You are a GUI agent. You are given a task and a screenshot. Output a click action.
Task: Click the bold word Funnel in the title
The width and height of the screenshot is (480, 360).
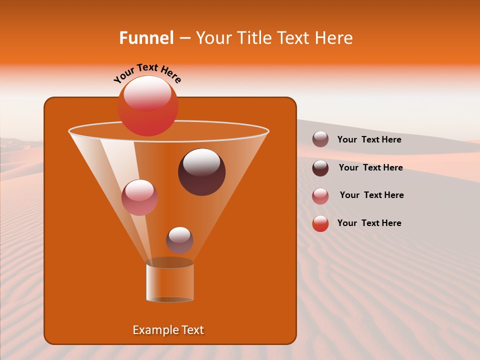click(146, 38)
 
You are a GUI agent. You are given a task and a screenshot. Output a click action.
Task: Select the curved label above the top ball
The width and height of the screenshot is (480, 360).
click(147, 73)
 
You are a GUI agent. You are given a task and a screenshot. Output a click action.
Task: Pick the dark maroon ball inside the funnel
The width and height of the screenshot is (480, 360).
click(201, 172)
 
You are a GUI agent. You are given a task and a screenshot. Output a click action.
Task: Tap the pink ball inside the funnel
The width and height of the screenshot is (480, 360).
click(139, 197)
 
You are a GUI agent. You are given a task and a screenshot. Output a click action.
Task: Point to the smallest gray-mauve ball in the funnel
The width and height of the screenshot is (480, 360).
click(179, 240)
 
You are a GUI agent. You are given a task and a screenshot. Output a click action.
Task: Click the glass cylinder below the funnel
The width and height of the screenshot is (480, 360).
click(169, 281)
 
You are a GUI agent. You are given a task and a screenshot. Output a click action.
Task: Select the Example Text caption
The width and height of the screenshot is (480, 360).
click(168, 330)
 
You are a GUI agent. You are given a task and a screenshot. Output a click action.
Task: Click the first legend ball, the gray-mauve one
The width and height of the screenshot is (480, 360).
click(320, 139)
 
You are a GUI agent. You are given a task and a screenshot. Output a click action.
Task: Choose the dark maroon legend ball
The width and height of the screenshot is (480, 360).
click(320, 167)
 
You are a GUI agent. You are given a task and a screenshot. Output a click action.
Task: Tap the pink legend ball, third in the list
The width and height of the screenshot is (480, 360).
click(320, 195)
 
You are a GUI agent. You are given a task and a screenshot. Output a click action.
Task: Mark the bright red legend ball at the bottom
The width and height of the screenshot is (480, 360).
click(320, 223)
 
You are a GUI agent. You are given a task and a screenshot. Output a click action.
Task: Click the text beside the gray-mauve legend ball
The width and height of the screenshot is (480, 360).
click(369, 140)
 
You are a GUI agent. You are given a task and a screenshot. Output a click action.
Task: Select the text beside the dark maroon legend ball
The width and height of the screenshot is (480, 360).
click(370, 167)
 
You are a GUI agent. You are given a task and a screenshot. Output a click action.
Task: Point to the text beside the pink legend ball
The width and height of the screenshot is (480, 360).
click(371, 195)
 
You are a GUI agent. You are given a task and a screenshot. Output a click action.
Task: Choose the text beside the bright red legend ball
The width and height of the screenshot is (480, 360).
click(369, 223)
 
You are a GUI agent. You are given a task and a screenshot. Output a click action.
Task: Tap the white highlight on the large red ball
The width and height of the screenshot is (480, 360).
click(147, 93)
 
